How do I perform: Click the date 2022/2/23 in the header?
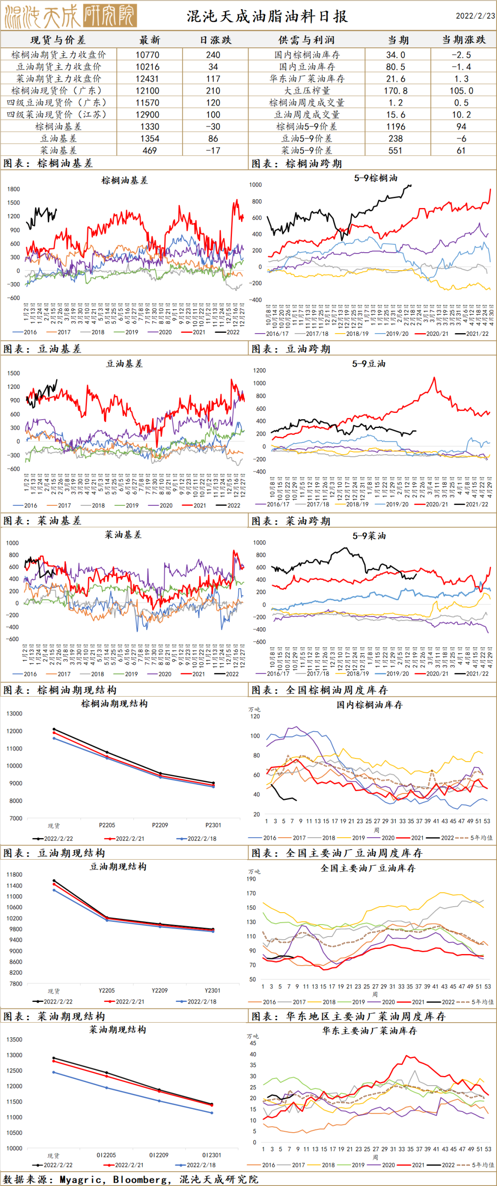[475, 16]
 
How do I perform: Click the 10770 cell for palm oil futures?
[147, 55]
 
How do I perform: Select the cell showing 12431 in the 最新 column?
[147, 79]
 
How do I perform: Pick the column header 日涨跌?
[215, 40]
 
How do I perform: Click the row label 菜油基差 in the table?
[58, 150]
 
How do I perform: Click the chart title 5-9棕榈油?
[376, 178]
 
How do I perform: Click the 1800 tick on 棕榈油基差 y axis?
[14, 189]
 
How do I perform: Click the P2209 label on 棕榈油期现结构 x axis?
[160, 825]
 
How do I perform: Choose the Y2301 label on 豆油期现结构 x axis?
[213, 990]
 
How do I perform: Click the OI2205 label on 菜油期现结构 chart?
[106, 1155]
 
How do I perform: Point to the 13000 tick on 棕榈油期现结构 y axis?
[14, 714]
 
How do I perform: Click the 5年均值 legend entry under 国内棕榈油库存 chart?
[481, 838]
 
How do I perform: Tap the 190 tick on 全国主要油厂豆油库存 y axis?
[251, 879]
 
